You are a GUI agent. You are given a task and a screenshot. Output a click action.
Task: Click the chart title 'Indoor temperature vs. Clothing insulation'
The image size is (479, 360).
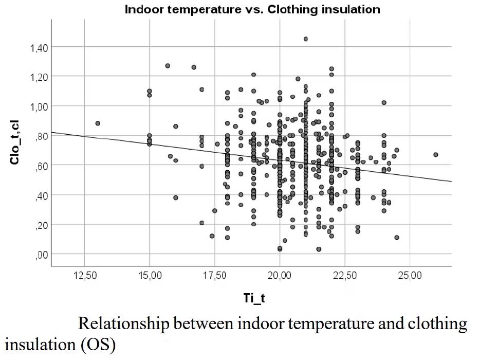pos(252,9)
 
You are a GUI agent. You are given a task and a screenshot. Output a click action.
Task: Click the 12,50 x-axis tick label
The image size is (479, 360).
pos(84,276)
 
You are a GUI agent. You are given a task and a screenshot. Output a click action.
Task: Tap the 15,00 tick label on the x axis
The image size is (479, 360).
pos(149,276)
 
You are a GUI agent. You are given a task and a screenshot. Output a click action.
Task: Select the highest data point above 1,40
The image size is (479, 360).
pos(305,39)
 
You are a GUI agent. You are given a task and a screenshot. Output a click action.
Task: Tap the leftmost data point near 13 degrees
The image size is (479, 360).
pos(98,123)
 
